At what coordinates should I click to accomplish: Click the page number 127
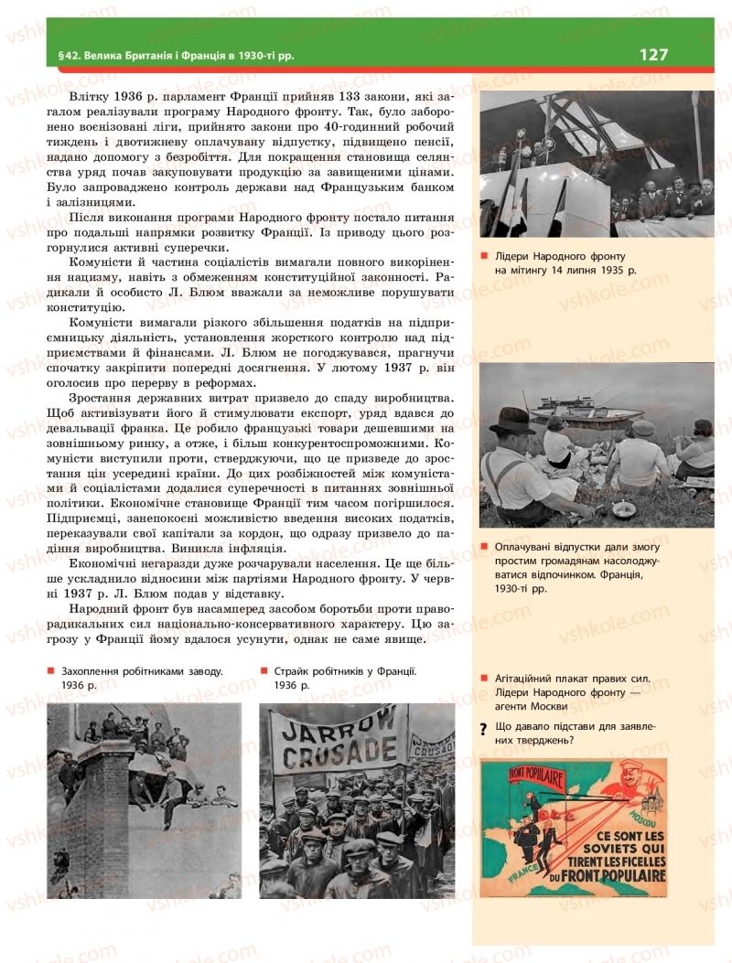(653, 55)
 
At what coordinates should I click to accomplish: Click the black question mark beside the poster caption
(482, 729)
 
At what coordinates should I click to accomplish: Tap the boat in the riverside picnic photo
(586, 411)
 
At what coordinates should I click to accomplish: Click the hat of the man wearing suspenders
(512, 421)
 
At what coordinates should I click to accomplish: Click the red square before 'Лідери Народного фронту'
(483, 257)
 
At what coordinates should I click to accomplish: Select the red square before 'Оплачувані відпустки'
(483, 547)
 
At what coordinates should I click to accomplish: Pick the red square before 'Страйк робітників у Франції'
(264, 670)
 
